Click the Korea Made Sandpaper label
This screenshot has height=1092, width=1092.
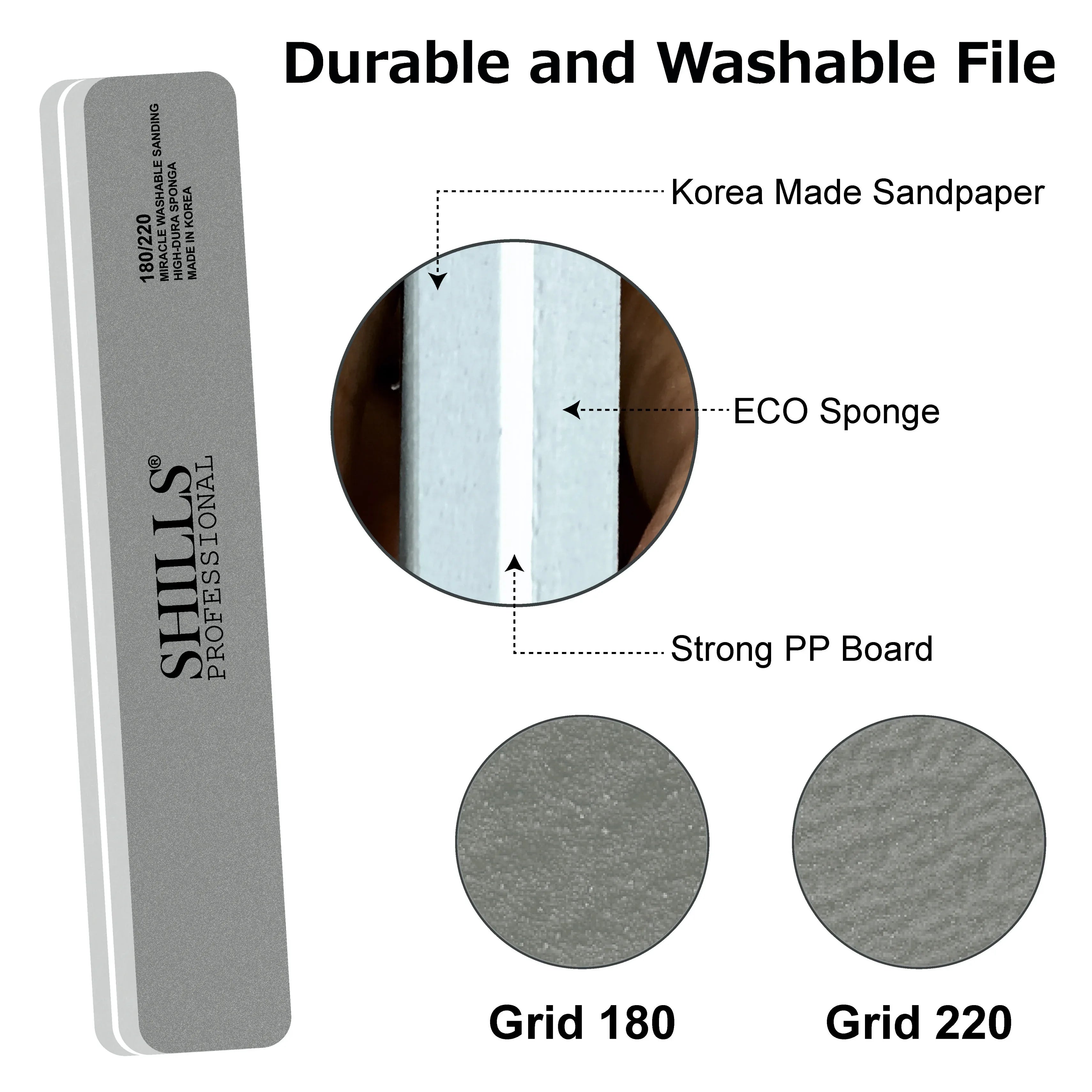coord(857,193)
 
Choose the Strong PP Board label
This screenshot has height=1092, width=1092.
coord(801,649)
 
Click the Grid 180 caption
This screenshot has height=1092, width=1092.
coord(582,1021)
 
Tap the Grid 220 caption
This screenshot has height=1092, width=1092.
coord(919,1021)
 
